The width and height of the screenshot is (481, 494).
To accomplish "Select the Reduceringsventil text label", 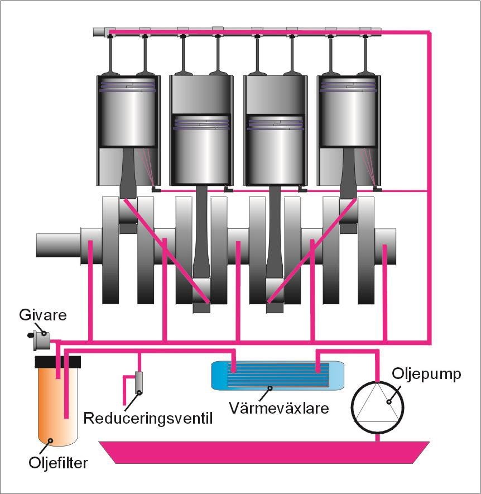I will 147,418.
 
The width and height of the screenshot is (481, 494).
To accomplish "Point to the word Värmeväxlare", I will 278,407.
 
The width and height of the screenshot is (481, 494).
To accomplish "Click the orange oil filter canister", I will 56,407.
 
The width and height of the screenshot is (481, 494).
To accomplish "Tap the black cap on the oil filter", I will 57,361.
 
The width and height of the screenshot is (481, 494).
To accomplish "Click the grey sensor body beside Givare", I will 41,338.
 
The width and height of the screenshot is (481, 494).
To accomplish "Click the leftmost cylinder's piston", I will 126,112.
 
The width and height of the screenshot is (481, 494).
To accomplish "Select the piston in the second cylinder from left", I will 200,148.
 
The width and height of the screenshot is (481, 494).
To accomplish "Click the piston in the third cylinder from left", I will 274,148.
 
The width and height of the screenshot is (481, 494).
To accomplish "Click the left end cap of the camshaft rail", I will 101,32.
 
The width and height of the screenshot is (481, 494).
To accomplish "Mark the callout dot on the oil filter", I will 51,441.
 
